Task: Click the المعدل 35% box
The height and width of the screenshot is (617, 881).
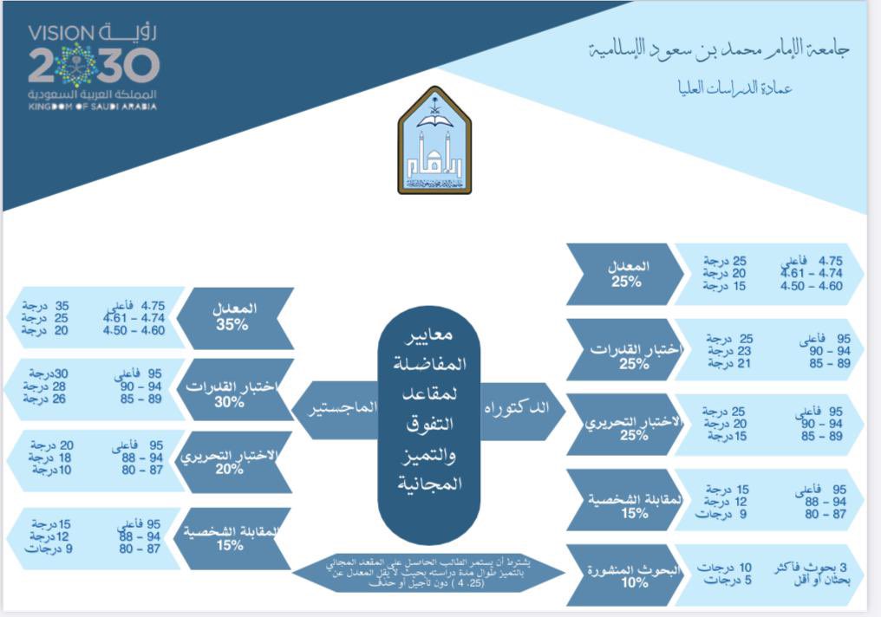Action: [x=233, y=316]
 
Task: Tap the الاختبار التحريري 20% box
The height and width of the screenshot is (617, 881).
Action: [x=231, y=460]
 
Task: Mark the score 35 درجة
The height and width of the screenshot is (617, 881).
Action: [x=49, y=305]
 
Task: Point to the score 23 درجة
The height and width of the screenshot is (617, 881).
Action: [x=727, y=351]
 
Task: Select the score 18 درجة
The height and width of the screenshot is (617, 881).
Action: [x=48, y=457]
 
